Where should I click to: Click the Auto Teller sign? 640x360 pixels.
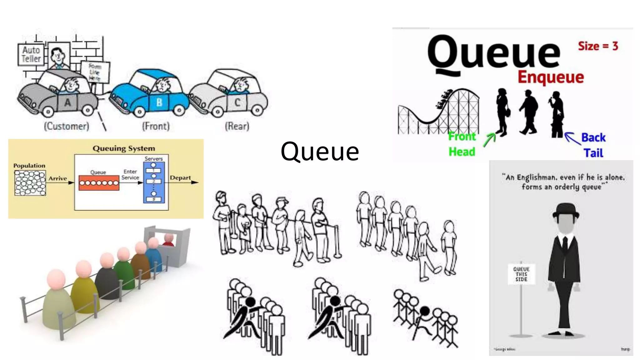[31, 54]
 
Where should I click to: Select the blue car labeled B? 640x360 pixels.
[150, 94]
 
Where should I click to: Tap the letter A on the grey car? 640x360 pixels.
[67, 102]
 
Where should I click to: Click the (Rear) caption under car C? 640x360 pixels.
[237, 126]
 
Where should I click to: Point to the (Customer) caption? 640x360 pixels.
[67, 126]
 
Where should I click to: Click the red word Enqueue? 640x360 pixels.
[551, 77]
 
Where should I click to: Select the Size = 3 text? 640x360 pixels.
[598, 46]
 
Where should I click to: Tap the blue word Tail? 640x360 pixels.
[593, 153]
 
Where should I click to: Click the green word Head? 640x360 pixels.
[462, 152]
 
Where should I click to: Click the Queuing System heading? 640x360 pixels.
[124, 148]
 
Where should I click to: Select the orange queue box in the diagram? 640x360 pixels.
[99, 183]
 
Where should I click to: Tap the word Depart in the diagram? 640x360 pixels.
[180, 178]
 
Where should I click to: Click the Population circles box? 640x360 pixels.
[30, 183]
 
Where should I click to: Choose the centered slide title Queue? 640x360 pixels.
[320, 152]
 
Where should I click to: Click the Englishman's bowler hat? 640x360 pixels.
[566, 211]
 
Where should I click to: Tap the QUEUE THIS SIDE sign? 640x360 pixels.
[521, 274]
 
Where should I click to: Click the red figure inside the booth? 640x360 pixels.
[169, 240]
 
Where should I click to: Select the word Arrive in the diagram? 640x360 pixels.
[57, 178]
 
